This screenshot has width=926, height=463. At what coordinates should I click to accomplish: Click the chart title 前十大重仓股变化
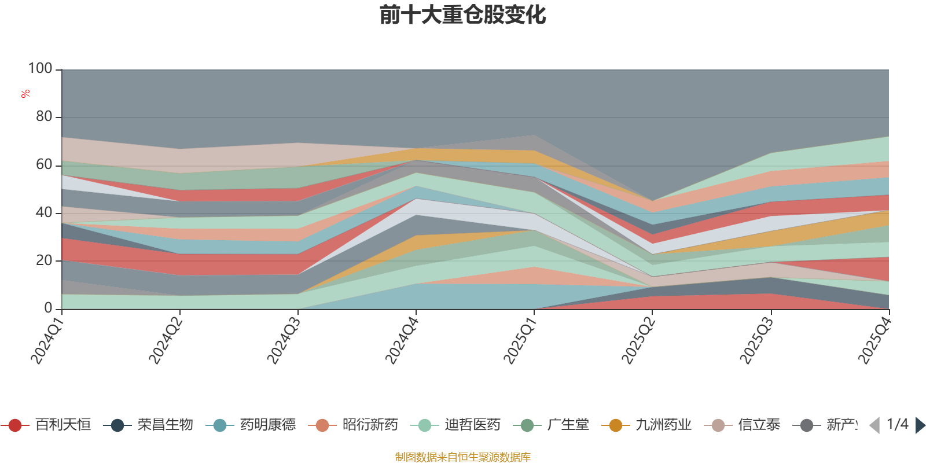463,15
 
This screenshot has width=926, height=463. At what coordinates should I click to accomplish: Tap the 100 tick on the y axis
41,69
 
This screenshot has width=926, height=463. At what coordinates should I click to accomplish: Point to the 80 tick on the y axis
44,117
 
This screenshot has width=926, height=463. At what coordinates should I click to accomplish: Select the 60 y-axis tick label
44,165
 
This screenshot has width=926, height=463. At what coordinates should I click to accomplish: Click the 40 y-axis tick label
44,213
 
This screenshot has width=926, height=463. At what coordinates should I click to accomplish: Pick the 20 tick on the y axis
44,261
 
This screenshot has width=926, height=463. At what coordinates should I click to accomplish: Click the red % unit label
25,94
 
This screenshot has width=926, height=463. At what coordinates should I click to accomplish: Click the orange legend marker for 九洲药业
616,425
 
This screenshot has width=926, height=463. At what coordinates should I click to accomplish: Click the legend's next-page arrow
920,425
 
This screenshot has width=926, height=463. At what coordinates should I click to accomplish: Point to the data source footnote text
463,457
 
